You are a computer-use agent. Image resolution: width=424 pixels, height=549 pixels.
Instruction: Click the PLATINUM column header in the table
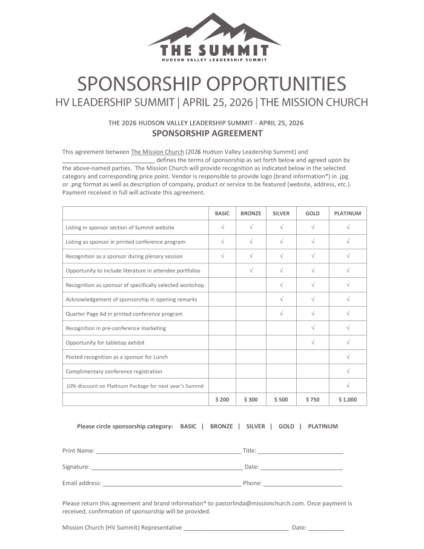(348, 213)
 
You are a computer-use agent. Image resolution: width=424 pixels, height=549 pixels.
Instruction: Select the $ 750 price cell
(313, 399)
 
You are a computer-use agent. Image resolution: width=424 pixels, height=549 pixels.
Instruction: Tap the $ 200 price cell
(222, 399)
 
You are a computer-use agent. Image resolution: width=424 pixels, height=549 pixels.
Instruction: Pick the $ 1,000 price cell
(348, 399)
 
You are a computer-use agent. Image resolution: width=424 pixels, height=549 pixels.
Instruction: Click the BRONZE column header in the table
(251, 213)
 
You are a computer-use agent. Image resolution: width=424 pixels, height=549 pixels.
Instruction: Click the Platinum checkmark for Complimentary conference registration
(348, 371)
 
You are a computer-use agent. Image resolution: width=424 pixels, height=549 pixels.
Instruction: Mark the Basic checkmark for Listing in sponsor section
(222, 227)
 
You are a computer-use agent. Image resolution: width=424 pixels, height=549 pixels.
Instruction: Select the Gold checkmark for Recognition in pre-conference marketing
(313, 328)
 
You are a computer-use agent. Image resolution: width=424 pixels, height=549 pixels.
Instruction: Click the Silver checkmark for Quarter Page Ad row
(281, 314)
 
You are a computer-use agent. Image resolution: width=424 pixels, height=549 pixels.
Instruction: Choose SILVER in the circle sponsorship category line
(256, 426)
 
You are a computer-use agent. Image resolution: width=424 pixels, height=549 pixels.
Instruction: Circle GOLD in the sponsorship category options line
(287, 426)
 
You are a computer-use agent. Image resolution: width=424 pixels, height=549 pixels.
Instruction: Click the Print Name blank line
(168, 452)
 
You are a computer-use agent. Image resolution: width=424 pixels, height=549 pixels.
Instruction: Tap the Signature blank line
(167, 468)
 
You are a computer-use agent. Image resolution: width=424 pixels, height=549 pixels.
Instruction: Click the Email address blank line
(171, 484)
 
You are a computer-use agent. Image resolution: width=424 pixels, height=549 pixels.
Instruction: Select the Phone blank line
(303, 484)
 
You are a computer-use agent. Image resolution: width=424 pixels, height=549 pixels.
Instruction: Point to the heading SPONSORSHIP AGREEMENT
(207, 133)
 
